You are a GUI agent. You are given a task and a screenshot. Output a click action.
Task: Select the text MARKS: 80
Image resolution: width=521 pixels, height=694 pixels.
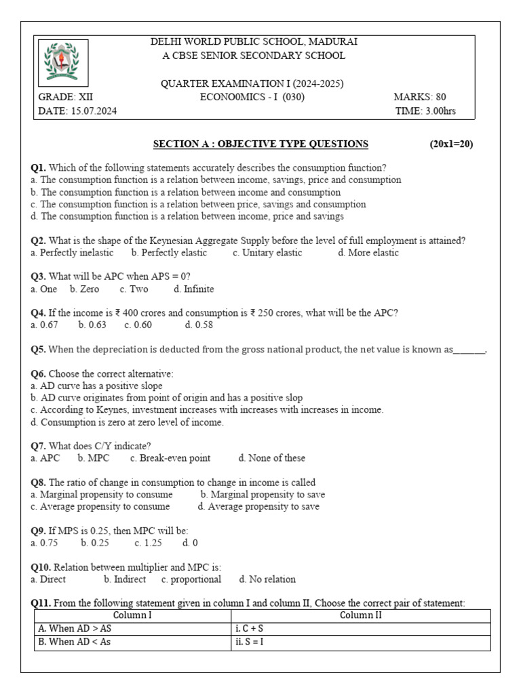(x=419, y=97)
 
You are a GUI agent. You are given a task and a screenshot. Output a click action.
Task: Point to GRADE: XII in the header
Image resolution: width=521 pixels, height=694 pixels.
(x=66, y=97)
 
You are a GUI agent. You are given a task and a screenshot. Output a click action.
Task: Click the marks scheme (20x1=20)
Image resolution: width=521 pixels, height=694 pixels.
(x=450, y=144)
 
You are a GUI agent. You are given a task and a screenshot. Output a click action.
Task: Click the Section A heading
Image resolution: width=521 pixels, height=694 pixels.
(x=260, y=144)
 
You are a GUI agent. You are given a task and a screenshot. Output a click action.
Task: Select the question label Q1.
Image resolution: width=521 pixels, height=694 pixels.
(x=39, y=167)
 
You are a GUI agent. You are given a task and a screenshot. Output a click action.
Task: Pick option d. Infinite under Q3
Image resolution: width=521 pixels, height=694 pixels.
(x=193, y=289)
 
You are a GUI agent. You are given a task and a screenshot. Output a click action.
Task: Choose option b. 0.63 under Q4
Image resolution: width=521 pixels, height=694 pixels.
(x=92, y=325)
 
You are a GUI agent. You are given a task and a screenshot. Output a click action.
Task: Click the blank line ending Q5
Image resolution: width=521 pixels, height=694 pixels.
(x=469, y=350)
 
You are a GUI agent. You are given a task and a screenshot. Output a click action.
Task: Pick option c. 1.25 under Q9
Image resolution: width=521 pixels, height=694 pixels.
(x=148, y=543)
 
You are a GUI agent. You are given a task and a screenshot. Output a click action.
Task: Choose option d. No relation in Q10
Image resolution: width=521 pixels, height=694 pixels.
(x=267, y=579)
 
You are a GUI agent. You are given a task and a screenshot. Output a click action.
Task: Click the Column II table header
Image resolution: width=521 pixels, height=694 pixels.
(x=360, y=615)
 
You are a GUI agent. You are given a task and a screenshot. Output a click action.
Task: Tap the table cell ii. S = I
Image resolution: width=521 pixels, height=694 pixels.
(x=248, y=642)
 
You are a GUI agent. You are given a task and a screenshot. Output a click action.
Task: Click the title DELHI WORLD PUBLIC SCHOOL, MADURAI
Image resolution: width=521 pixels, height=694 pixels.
(x=254, y=42)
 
